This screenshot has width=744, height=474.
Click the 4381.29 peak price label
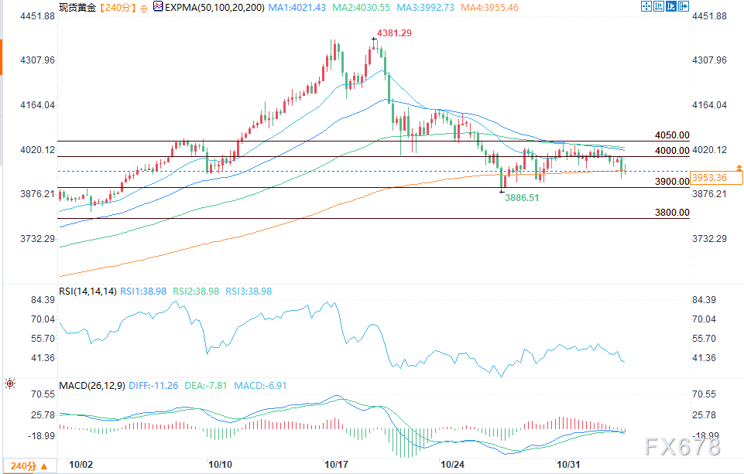394,33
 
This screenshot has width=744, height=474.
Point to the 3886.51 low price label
523,198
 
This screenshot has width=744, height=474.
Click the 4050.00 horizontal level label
671,135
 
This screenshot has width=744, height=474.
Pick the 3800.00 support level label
671,212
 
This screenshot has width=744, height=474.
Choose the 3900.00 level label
671,181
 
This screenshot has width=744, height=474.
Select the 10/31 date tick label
570,465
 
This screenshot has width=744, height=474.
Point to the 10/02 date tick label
81,465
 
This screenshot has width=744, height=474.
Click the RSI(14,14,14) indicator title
88,292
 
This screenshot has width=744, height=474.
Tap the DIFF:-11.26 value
155,385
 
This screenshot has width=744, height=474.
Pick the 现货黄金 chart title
77,7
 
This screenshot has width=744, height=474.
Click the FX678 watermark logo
681,446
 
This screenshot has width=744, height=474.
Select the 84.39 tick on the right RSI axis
707,300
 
